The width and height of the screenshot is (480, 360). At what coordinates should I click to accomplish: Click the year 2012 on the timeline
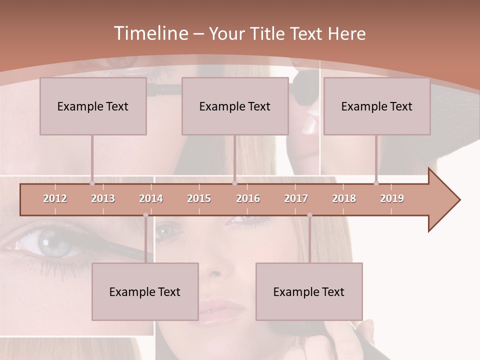[x=55, y=198]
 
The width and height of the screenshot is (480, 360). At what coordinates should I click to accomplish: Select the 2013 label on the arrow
[x=103, y=198]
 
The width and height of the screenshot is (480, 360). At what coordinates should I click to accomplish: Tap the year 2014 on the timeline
[x=151, y=198]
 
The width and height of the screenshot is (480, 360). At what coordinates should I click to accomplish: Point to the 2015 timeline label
[x=199, y=198]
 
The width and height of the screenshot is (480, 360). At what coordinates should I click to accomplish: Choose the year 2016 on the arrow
[x=248, y=198]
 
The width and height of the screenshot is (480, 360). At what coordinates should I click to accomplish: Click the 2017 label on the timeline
[x=296, y=198]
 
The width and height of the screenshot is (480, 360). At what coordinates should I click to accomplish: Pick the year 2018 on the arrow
[x=344, y=198]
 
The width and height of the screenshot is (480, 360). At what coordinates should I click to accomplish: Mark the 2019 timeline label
[x=392, y=198]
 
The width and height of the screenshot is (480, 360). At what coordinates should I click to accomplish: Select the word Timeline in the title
[x=150, y=33]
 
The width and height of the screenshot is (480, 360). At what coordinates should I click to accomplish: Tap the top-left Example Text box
[x=93, y=106]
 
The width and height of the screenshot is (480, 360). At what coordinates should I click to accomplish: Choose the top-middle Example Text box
[x=235, y=106]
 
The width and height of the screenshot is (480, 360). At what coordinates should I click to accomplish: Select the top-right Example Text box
[x=377, y=106]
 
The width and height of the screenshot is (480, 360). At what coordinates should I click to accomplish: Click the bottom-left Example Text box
[x=145, y=291]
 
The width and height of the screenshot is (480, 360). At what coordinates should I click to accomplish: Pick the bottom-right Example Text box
[x=309, y=291]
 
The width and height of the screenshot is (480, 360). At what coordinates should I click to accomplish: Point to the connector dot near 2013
[x=92, y=183]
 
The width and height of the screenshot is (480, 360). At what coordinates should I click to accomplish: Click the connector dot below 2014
[x=145, y=215]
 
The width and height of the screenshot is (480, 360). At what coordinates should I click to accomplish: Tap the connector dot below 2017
[x=309, y=215]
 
